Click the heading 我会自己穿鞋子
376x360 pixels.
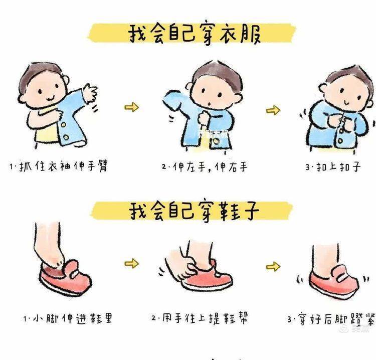click(194, 211)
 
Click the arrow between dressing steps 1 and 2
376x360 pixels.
click(132, 107)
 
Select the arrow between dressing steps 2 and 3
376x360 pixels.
click(273, 110)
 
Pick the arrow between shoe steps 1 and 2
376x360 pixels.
click(132, 263)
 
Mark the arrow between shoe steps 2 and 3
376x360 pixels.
click(273, 266)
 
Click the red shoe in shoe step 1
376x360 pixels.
click(65, 278)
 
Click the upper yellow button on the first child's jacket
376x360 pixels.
click(64, 125)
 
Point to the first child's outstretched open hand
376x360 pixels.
click(90, 93)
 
